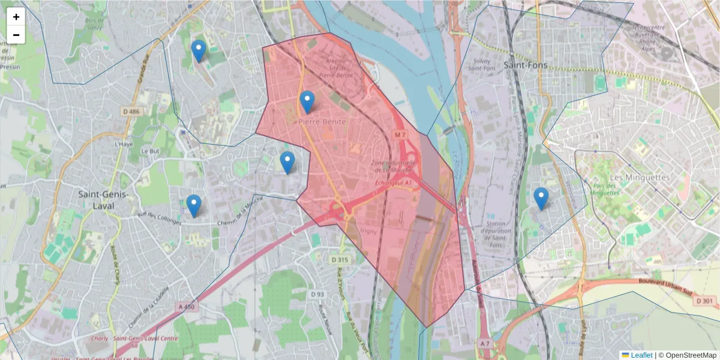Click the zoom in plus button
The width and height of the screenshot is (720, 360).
click(x=16, y=17)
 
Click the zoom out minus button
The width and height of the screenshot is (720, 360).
click(x=16, y=35)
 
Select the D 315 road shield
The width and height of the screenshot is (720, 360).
click(x=340, y=260)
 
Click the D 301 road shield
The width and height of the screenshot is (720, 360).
click(x=706, y=301)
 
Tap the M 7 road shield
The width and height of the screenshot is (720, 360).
click(x=401, y=135)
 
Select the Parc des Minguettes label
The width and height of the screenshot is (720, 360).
click(x=603, y=190)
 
